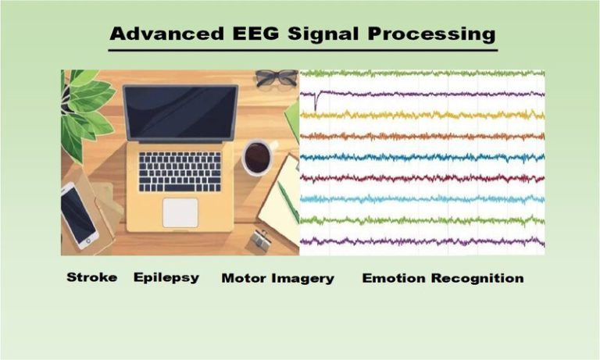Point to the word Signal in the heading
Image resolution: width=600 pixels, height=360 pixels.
click(x=307, y=35)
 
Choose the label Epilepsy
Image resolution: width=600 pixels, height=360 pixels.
click(x=166, y=278)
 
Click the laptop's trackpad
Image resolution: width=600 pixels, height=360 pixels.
click(x=180, y=212)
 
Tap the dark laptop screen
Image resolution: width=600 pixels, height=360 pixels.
click(x=180, y=112)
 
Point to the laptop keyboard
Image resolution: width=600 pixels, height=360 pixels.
click(x=180, y=171)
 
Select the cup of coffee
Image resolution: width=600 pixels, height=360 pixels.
click(x=257, y=157)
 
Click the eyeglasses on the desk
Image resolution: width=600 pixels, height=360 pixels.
click(x=276, y=77)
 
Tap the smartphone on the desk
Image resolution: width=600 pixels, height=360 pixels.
click(x=79, y=215)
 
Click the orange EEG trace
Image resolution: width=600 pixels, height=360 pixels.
click(x=422, y=136)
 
